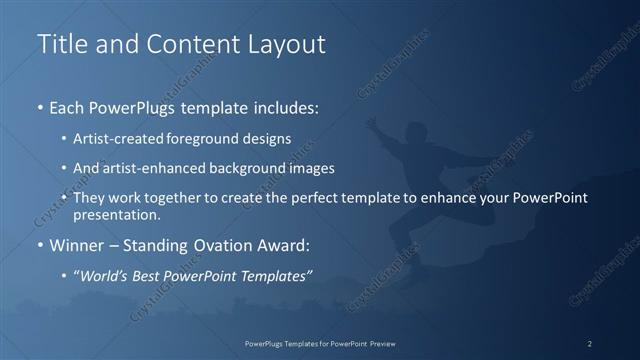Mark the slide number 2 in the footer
point(590,343)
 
